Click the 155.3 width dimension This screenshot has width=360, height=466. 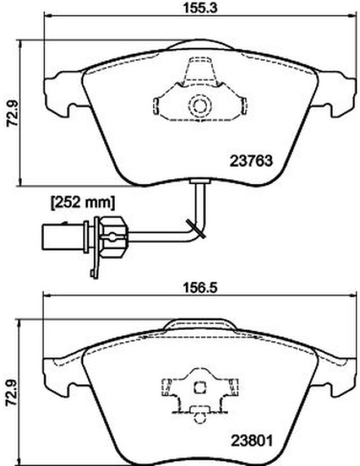tap(200, 8)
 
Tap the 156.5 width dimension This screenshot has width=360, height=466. tap(200, 288)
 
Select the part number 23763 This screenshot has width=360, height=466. tap(251, 161)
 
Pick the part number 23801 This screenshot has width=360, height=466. tap(252, 441)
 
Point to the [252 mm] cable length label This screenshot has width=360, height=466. tap(83, 203)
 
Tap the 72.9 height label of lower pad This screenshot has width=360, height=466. tap(12, 393)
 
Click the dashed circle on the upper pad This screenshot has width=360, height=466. tap(200, 105)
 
